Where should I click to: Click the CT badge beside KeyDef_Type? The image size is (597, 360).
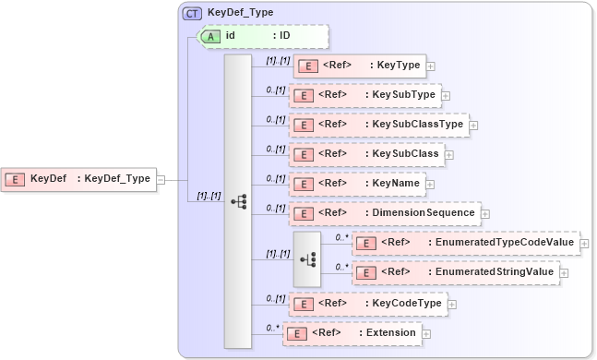coord(192,14)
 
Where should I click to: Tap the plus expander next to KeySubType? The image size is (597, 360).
coord(447,95)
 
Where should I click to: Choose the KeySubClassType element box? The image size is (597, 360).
coord(378,125)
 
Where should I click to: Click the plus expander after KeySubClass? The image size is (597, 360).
coord(448,154)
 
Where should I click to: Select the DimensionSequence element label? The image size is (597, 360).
coord(422,213)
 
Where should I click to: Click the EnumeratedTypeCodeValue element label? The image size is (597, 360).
coord(501,243)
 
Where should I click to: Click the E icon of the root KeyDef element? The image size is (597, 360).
coord(15,179)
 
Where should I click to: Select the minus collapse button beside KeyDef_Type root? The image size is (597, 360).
coord(161,179)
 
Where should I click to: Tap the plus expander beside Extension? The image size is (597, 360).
coord(426,332)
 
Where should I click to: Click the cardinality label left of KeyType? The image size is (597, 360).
coord(277,61)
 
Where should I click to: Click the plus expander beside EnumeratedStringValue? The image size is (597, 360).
coord(564,273)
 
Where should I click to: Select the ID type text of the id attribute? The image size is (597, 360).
coord(285,35)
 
